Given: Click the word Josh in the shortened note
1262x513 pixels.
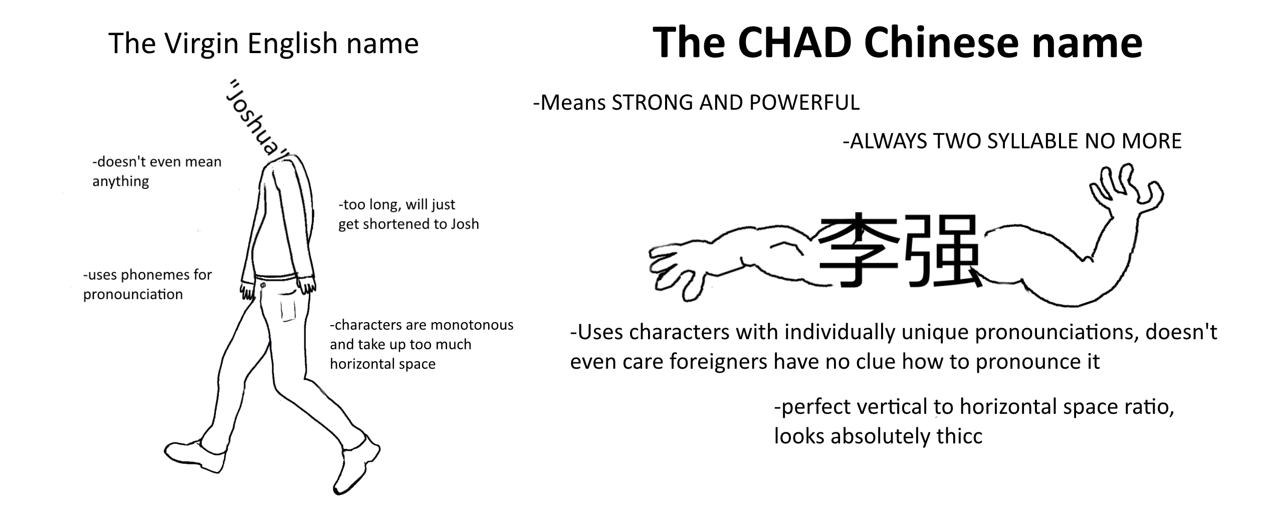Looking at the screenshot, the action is (x=465, y=223).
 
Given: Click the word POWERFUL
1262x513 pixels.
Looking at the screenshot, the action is (x=804, y=102).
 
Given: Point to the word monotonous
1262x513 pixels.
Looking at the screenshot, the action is (x=472, y=325).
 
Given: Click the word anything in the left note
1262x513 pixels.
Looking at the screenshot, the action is (x=121, y=181).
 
